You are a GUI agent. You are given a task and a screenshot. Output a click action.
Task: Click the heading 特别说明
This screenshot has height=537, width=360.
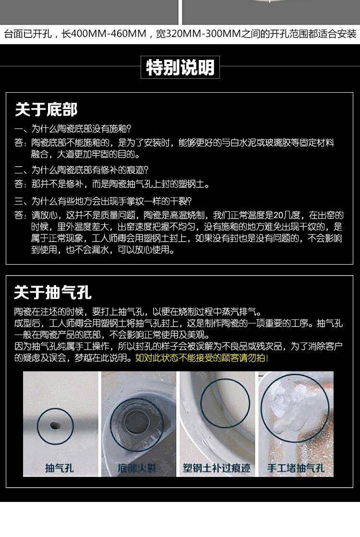click(x=180, y=67)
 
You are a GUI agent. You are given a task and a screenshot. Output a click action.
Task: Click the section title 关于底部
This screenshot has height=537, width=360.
click(x=46, y=110)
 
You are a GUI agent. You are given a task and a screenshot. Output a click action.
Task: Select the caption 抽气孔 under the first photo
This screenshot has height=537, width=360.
click(x=59, y=468)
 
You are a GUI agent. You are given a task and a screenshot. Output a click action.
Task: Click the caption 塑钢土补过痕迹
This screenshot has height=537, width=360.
click(x=216, y=468)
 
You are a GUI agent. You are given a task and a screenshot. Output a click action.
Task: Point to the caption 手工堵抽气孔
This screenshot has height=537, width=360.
click(x=296, y=468)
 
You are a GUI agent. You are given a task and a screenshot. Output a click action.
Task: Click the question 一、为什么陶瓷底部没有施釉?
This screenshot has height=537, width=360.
click(x=73, y=129)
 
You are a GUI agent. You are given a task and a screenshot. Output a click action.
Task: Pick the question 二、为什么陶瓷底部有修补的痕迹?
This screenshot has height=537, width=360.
click(x=82, y=170)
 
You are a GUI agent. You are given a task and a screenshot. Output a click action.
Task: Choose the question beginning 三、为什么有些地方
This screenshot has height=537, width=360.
click(x=103, y=201)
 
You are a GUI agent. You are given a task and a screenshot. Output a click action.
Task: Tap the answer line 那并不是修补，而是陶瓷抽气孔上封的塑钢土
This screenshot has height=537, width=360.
click(x=120, y=184)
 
